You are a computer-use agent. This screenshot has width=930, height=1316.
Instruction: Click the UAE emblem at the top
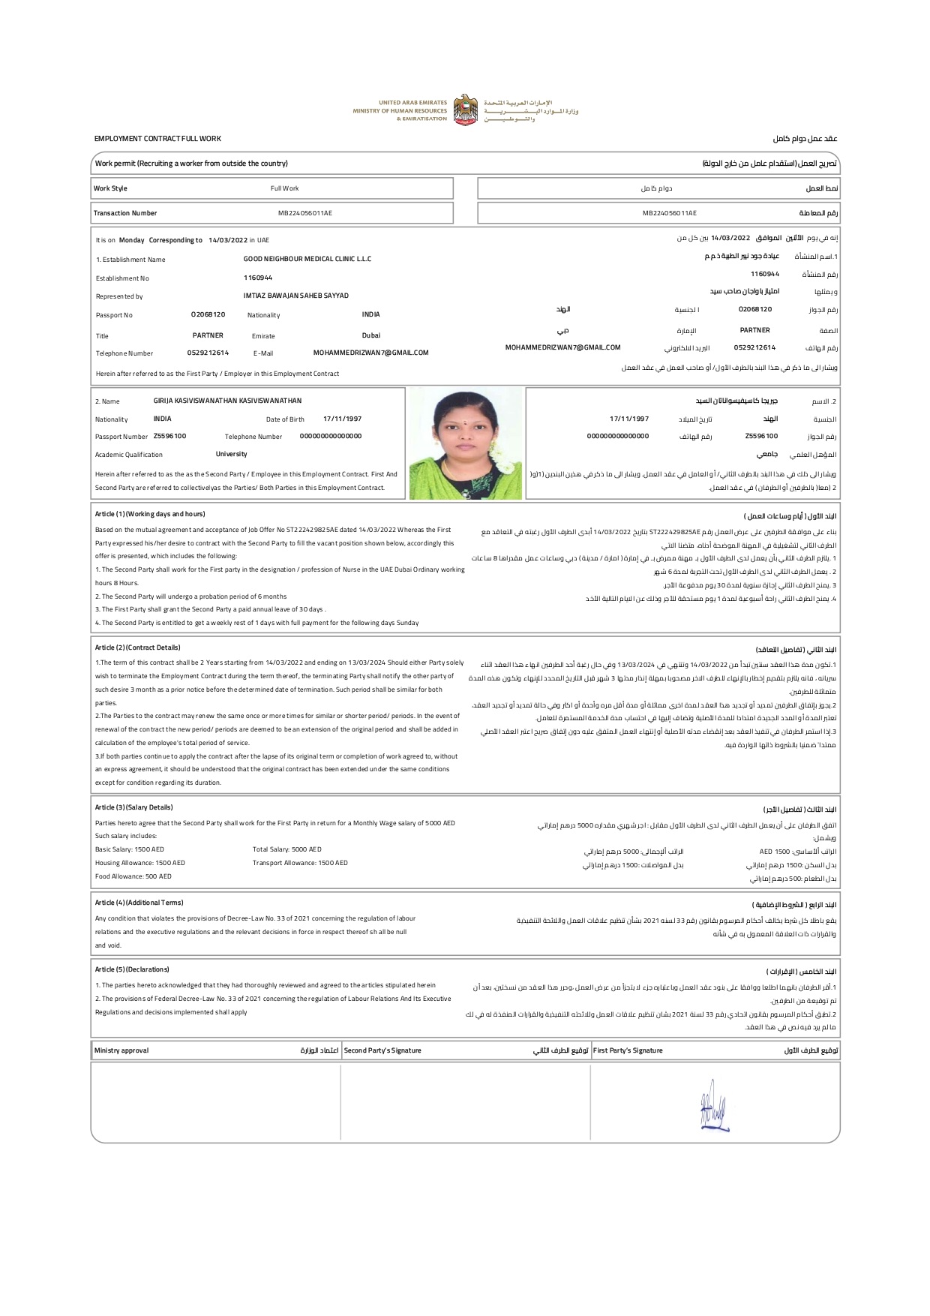(x=466, y=110)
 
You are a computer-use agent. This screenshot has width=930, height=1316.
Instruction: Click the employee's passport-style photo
(x=466, y=444)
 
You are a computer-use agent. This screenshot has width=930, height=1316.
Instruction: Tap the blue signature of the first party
(x=713, y=1104)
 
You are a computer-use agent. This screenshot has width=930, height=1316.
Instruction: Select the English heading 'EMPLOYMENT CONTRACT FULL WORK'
(x=157, y=139)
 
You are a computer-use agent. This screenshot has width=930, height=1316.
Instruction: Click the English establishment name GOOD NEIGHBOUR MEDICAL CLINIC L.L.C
(x=307, y=259)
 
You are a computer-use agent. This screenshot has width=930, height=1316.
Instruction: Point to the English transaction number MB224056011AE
(x=305, y=213)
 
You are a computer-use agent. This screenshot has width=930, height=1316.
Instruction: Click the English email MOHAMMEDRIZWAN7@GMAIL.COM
(x=370, y=353)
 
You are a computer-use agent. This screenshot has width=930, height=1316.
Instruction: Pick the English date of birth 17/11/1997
(x=342, y=419)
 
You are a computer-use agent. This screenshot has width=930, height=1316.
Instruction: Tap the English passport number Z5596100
(x=170, y=436)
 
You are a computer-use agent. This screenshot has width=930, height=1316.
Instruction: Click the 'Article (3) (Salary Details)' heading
(x=134, y=807)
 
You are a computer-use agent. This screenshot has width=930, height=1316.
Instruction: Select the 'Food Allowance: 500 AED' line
(x=133, y=876)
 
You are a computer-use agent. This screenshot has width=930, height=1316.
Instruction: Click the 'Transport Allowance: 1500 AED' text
(x=300, y=863)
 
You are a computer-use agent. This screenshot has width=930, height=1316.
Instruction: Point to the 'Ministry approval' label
(x=121, y=1050)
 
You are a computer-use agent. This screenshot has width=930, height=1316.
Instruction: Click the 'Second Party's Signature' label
(x=382, y=1050)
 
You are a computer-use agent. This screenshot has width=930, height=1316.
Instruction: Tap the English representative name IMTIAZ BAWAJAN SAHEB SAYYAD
(x=296, y=296)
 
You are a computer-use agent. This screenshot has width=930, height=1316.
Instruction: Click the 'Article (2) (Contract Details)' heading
(x=138, y=647)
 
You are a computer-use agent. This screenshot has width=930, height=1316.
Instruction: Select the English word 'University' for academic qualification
(x=231, y=454)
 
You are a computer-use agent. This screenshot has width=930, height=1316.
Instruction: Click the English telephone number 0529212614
(x=208, y=353)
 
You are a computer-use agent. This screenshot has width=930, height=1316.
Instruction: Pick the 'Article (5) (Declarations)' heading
(x=132, y=969)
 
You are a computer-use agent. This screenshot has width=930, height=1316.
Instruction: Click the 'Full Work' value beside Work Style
(x=285, y=188)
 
